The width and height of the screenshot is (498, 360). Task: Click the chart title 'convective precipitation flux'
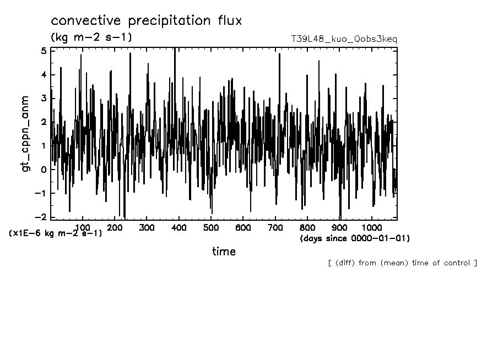click(147, 21)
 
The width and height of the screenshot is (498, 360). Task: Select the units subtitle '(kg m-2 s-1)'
click(91, 37)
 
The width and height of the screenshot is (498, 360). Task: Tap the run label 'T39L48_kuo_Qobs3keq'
click(344, 39)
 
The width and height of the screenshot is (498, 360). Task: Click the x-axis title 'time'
click(224, 252)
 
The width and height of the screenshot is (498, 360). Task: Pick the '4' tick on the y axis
click(44, 75)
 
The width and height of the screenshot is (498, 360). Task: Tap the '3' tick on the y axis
click(44, 99)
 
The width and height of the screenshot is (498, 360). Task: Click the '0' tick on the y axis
click(44, 170)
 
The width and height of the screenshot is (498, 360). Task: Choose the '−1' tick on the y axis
click(41, 193)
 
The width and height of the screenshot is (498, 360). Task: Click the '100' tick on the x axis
click(83, 227)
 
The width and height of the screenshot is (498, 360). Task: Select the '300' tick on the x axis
click(147, 227)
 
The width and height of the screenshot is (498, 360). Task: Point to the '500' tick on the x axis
click(211, 227)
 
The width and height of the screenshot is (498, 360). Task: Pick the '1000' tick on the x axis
click(371, 227)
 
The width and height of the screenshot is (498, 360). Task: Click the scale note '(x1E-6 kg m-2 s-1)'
click(56, 233)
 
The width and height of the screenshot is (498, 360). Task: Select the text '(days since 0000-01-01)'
click(355, 238)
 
